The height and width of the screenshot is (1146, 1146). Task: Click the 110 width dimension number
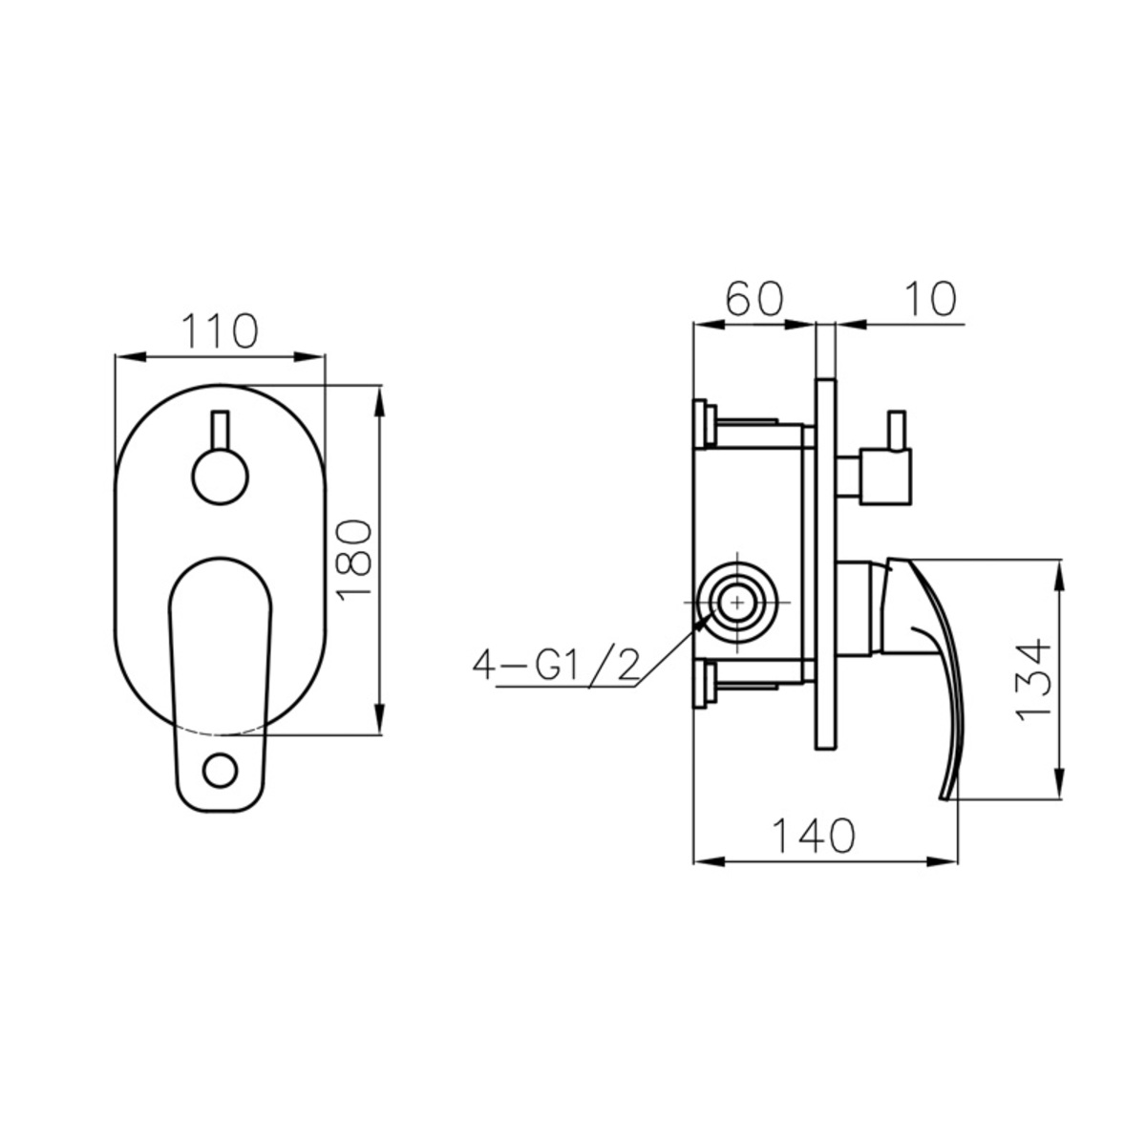(220, 330)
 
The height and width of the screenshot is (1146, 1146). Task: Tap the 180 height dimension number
(354, 560)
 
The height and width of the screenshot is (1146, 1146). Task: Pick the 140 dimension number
(814, 836)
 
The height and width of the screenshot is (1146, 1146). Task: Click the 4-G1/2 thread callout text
(556, 665)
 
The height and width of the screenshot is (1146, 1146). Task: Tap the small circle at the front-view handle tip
(221, 772)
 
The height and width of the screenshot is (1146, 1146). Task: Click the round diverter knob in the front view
(220, 477)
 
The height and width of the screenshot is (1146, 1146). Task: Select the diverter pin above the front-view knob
(220, 430)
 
